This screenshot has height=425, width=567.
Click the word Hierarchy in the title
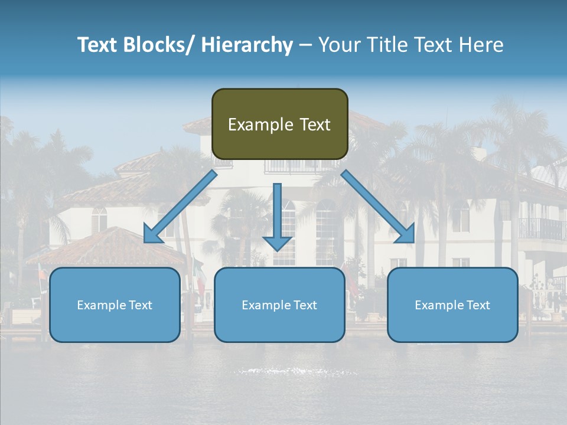pos(247,45)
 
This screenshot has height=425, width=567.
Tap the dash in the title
pos(305,45)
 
